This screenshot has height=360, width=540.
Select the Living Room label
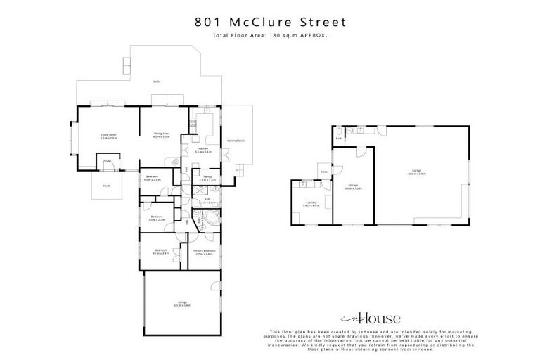108,136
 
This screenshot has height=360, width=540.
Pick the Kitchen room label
204,149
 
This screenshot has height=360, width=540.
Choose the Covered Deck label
236,141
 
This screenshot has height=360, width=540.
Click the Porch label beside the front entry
107,186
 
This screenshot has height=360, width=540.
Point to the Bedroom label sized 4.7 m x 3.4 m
161,251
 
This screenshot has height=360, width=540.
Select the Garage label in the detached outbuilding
416,172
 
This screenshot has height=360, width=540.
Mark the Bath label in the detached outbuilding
338,139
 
